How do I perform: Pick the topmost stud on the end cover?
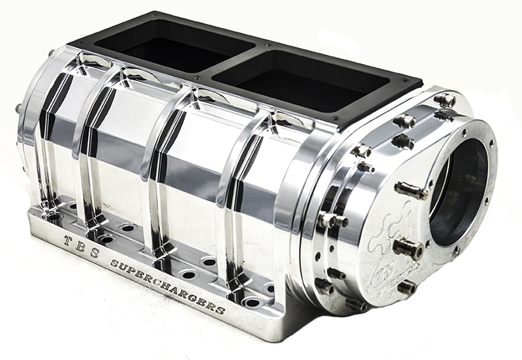tap(446, 100)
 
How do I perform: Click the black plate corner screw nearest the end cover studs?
tap(337, 117)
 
